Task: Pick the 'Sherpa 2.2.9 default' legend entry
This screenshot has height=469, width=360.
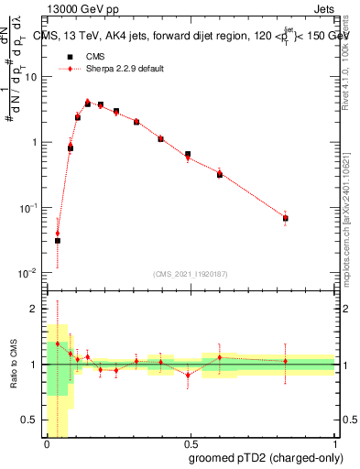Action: click(x=111, y=69)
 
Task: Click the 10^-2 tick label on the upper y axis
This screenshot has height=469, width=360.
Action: click(x=28, y=273)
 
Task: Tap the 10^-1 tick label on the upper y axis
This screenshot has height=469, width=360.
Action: click(x=28, y=208)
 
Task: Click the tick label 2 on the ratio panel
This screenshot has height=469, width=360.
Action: click(x=35, y=309)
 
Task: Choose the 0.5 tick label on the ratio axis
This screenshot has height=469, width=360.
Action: click(x=30, y=420)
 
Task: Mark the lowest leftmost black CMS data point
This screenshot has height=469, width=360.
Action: click(x=57, y=241)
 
